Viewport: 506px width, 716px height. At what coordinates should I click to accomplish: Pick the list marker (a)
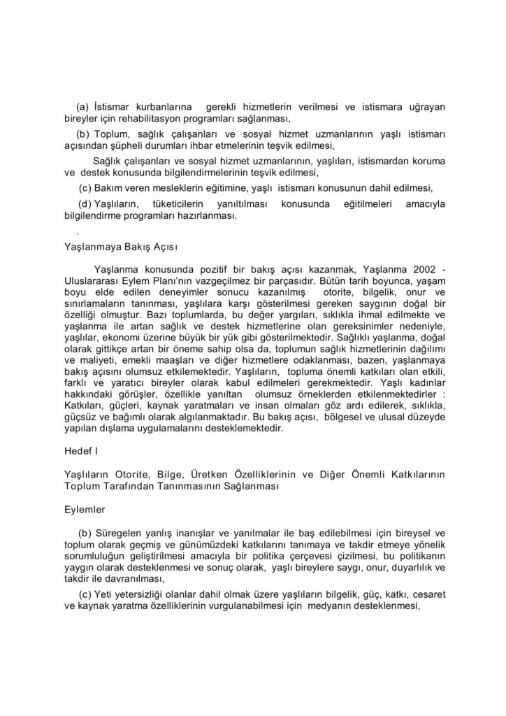point(82,107)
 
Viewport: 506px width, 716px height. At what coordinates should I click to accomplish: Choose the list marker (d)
point(85,203)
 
